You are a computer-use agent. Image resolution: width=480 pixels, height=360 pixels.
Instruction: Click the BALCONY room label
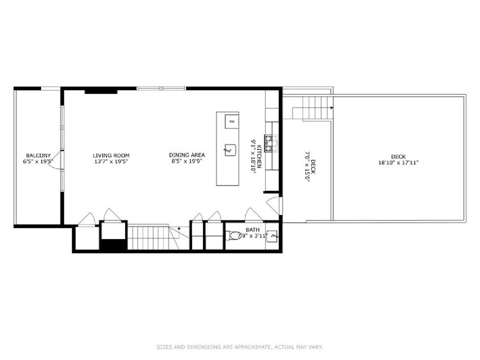(38, 156)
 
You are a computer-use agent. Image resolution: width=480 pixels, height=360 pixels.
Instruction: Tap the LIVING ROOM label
(111, 156)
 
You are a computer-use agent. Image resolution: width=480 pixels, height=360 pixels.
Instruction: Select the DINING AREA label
(187, 155)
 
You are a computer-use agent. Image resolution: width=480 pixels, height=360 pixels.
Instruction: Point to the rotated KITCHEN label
(259, 156)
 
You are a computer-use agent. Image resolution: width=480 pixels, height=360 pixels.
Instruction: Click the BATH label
(252, 230)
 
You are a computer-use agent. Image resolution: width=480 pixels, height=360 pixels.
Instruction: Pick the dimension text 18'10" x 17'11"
(398, 163)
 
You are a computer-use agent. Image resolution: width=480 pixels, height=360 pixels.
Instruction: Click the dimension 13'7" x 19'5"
(111, 162)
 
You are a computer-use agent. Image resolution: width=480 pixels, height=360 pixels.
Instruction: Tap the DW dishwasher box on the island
(232, 122)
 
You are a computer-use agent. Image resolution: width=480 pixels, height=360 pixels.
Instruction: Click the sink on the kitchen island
(230, 150)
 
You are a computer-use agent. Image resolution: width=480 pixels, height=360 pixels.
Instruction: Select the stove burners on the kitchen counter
(268, 143)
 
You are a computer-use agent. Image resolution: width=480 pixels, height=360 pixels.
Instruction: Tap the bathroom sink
(272, 236)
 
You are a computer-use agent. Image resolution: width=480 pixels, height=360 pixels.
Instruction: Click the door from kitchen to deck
(273, 206)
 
